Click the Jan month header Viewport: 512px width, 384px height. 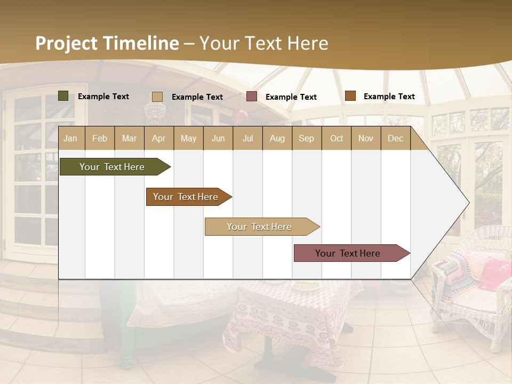click(x=71, y=138)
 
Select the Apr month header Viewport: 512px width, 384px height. click(x=158, y=138)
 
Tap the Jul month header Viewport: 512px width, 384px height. click(x=247, y=138)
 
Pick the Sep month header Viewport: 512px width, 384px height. click(x=306, y=138)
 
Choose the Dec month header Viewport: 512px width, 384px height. click(x=395, y=138)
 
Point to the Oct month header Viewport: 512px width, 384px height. click(x=336, y=138)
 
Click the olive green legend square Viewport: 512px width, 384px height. click(x=63, y=96)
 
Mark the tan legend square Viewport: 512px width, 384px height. click(x=157, y=97)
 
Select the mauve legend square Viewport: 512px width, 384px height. click(x=252, y=97)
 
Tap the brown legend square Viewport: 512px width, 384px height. click(x=350, y=96)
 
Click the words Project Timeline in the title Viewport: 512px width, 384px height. click(x=107, y=43)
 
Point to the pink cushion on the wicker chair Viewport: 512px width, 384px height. click(x=495, y=274)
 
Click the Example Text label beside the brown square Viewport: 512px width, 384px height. click(x=389, y=97)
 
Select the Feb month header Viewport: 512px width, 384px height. click(x=100, y=138)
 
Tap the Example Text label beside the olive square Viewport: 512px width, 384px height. click(x=103, y=97)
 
